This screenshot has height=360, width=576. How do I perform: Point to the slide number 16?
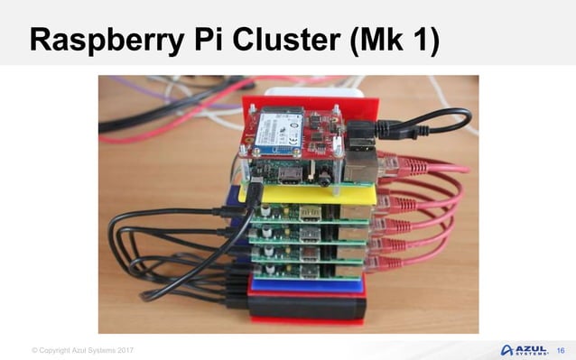click(x=561, y=349)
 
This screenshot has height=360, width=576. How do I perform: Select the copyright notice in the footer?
click(x=82, y=350)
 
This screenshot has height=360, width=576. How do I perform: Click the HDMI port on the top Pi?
click(x=290, y=173)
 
